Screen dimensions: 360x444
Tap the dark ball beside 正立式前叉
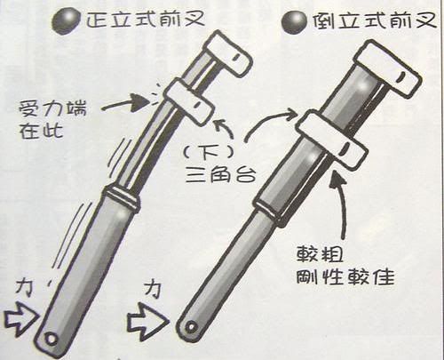(64, 18)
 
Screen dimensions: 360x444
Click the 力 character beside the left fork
(28, 287)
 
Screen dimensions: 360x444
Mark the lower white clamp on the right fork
(330, 138)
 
